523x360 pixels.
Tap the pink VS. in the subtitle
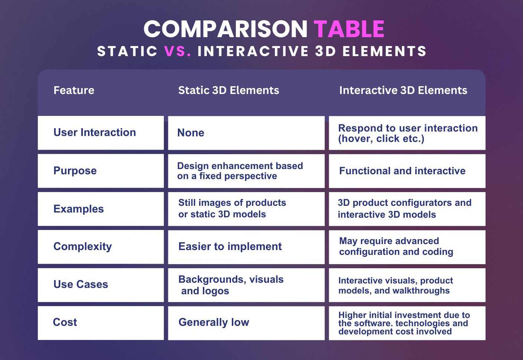pos(178,51)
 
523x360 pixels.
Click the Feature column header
pos(74,90)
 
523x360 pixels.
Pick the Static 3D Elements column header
pos(228,90)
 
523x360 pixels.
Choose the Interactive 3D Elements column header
pos(403,90)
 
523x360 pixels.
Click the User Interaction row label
pos(95,132)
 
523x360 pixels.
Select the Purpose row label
pos(75,171)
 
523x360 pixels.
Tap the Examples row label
pos(78,209)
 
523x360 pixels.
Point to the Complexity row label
pos(83,247)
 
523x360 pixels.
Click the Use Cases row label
pos(81,284)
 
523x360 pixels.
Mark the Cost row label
pos(65,322)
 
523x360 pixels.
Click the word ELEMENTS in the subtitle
pos(384,51)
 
